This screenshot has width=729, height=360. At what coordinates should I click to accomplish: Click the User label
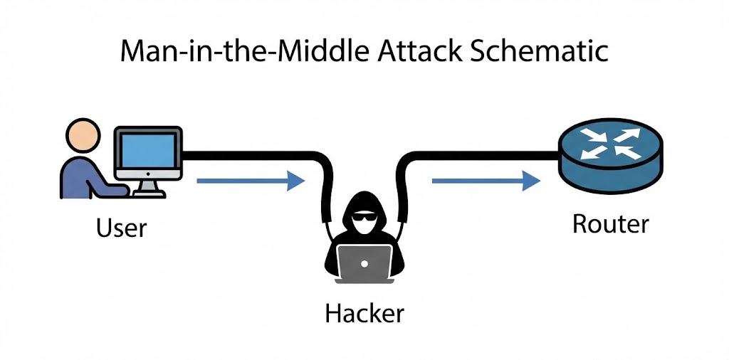(x=120, y=228)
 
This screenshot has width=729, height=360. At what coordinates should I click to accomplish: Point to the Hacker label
(x=364, y=312)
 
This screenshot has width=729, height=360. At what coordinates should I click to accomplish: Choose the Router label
(x=610, y=224)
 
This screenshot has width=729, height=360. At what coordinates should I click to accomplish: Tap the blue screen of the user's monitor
(x=148, y=153)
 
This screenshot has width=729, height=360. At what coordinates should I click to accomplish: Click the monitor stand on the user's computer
(x=148, y=187)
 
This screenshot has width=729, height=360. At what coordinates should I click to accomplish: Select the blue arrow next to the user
(x=250, y=181)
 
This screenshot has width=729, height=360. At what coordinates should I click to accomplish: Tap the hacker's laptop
(x=364, y=263)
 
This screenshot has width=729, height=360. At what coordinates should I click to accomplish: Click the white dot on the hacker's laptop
(x=364, y=263)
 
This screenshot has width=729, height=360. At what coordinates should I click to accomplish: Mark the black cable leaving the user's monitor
(x=249, y=152)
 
